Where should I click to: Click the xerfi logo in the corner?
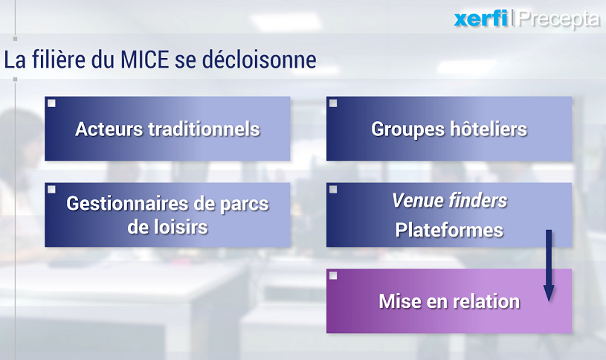[481, 19]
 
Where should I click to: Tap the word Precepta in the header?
[559, 19]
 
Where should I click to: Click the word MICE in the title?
[144, 60]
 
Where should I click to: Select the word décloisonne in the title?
[259, 60]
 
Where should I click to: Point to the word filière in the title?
[59, 60]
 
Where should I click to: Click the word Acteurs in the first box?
[109, 129]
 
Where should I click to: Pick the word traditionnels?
[204, 129]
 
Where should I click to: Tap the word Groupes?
[407, 129]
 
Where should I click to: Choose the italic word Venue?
[417, 200]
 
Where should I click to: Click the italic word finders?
[478, 200]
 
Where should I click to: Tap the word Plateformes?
[449, 230]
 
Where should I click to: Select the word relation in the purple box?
[486, 301]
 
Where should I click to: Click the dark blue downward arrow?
[549, 266]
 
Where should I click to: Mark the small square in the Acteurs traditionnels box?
[51, 103]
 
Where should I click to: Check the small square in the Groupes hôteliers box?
[333, 103]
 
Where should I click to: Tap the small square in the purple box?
[333, 276]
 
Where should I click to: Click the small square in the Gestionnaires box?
[51, 190]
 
